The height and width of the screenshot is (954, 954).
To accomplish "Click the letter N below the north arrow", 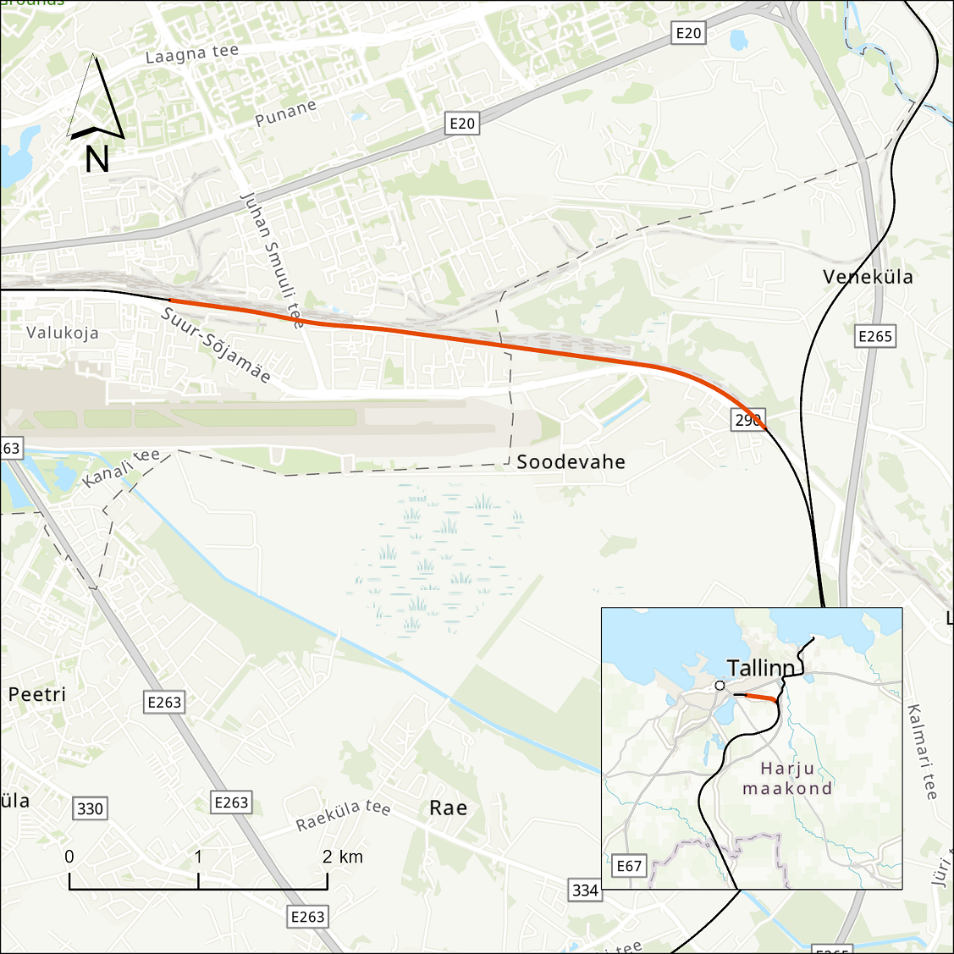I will [x=97, y=159].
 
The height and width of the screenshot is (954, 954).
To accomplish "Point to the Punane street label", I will [x=286, y=113].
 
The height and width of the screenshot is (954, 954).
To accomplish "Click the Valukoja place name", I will [x=63, y=333].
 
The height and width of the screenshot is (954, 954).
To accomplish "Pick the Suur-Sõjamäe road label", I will [x=216, y=345].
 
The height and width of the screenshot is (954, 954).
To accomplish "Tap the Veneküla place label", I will [x=868, y=277].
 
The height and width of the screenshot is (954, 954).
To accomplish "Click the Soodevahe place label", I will [x=571, y=461].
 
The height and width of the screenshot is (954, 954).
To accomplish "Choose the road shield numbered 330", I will [x=90, y=808].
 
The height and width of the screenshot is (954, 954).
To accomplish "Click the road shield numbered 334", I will [x=585, y=890].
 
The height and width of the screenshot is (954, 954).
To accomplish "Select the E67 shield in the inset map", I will [x=629, y=865].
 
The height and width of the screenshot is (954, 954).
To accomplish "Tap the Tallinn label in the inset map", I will [x=761, y=668].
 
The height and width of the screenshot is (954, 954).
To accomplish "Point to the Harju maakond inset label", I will [x=787, y=779].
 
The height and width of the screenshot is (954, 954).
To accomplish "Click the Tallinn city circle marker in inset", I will [x=720, y=685].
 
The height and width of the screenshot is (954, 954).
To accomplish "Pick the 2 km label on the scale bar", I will [x=343, y=857].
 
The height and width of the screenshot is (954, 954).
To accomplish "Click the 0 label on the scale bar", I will [x=69, y=857].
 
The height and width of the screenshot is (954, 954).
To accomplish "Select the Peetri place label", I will [x=37, y=694].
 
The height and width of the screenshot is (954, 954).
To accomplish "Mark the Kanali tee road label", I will [x=121, y=468].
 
